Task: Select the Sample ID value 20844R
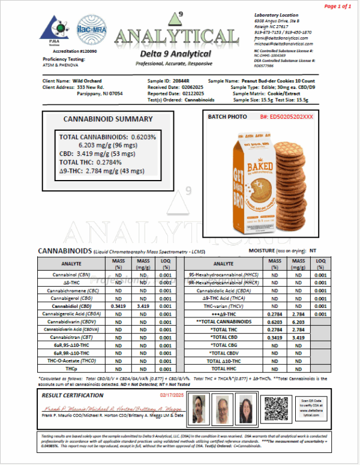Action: click(182, 81)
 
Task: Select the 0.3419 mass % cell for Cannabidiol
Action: click(118, 305)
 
